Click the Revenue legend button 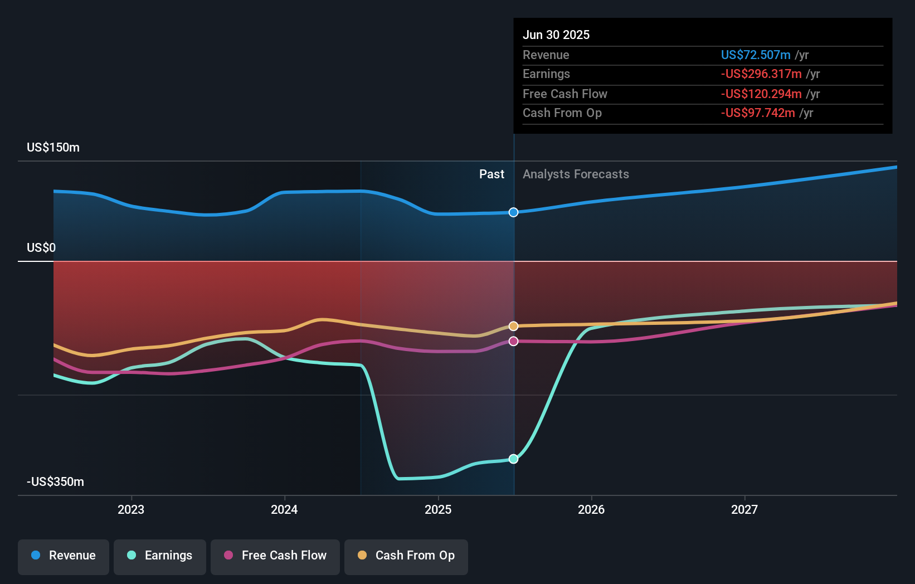tap(64, 556)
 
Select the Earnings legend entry tap(160, 556)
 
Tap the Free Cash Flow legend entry tap(275, 556)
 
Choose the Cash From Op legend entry tap(406, 556)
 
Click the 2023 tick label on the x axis tap(131, 509)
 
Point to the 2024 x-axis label tap(284, 509)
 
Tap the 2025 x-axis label tap(438, 509)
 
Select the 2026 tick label tap(591, 509)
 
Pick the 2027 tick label tap(744, 509)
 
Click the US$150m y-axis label tap(53, 148)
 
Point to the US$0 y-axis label tap(41, 248)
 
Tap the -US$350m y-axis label tap(55, 482)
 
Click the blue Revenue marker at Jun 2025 tap(514, 212)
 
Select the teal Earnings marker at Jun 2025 tap(514, 459)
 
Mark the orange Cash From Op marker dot tap(514, 326)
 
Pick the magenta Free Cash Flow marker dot tap(514, 341)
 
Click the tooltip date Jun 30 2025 tap(556, 35)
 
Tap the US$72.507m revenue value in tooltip tap(756, 55)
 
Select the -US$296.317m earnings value tap(761, 74)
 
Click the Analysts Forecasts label tap(576, 174)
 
